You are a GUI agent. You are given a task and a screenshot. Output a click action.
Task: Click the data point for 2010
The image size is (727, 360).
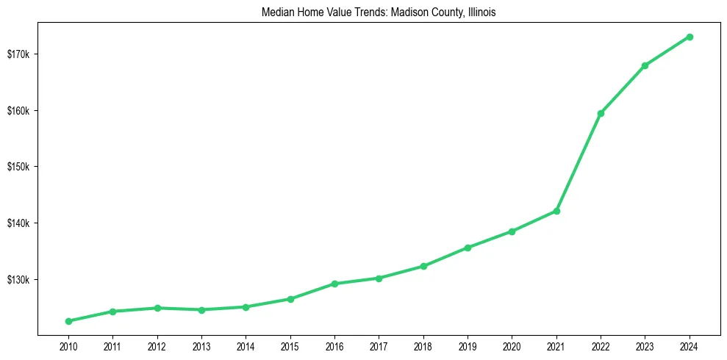coord(68,321)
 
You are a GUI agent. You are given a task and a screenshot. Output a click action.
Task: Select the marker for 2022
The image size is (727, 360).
coord(601,113)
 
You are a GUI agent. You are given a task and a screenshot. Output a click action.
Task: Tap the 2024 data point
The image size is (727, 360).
coord(690,37)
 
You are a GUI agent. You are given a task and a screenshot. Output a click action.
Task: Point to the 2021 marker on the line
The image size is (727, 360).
coord(556,211)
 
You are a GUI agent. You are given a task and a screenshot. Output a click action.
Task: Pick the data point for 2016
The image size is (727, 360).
coord(334,284)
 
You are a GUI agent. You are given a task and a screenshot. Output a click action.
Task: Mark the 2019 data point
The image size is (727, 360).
coord(468,248)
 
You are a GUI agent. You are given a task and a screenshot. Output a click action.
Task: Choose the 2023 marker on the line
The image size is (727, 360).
coord(645,65)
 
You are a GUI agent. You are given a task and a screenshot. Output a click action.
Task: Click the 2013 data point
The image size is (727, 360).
coord(201,309)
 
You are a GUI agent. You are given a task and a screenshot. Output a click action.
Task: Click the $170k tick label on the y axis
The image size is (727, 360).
coord(18,54)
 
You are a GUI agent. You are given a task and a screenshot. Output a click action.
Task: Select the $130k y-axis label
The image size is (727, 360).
coord(18,280)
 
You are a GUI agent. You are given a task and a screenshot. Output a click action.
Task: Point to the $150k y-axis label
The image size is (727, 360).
coord(18,167)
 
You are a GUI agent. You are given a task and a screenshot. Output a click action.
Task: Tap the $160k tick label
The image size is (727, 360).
coord(18,111)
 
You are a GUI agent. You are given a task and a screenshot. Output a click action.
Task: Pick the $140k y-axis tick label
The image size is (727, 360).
coord(18,223)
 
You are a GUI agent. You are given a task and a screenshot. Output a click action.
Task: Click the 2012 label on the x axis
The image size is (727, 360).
coord(157,345)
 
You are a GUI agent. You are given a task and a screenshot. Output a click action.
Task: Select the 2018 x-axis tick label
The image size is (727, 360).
coord(423,345)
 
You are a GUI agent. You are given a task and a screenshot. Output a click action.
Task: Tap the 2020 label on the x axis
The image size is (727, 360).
coord(512,345)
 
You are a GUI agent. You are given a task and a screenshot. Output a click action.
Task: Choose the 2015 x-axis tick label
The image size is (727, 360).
coord(290,345)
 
